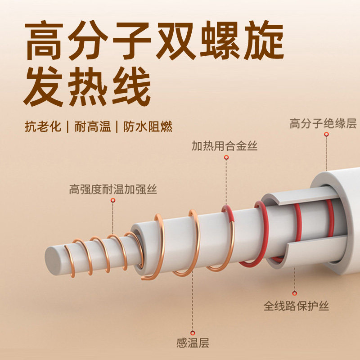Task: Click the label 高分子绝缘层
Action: pos(323,124)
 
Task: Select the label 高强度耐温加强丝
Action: pos(113,189)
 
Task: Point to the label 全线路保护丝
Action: pos(296,306)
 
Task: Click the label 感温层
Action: pos(193,342)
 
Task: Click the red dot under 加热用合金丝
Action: pos(226,157)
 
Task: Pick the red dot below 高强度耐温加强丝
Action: pos(113,200)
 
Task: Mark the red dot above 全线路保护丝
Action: pos(295,292)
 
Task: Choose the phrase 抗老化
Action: pos(42,126)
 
